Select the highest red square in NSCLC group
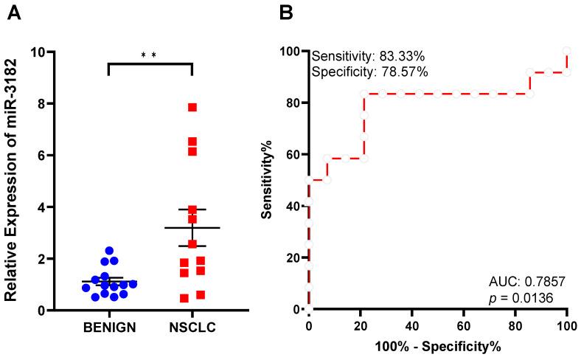[192, 107]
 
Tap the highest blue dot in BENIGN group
[109, 251]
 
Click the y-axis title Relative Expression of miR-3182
[13, 181]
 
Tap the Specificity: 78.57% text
[369, 72]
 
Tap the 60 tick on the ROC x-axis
[463, 325]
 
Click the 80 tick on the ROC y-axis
[293, 103]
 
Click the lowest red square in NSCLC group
[184, 298]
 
